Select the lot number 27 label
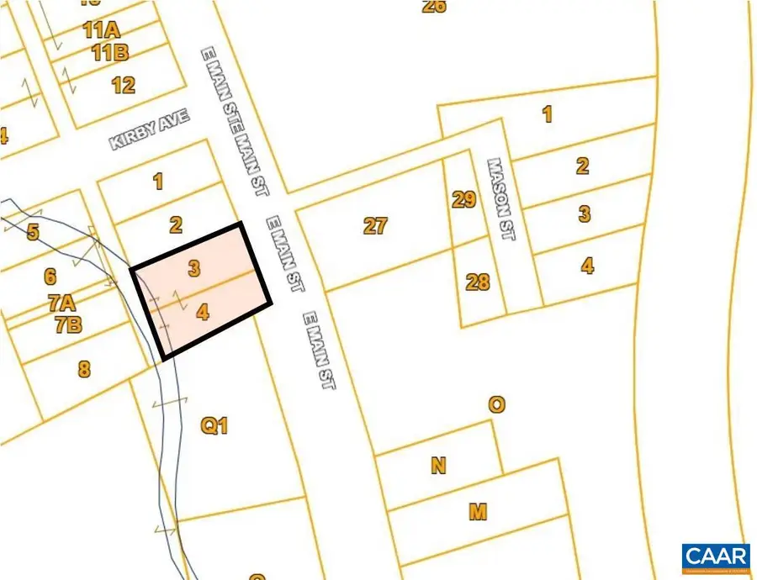coord(375,225)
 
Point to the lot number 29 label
coord(463,200)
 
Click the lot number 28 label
coord(477,282)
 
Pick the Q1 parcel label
coord(214,426)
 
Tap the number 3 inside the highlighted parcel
coord(194,269)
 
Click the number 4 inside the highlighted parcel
coord(202,313)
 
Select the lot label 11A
coord(101,31)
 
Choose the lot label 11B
coord(110,54)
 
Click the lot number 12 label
coord(123,85)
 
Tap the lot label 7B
coord(68,325)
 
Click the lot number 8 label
coord(83,368)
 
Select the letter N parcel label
coord(437,465)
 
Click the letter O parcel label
coord(497,405)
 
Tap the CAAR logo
coord(715,557)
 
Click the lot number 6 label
coord(50,276)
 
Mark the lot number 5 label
coord(33,232)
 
